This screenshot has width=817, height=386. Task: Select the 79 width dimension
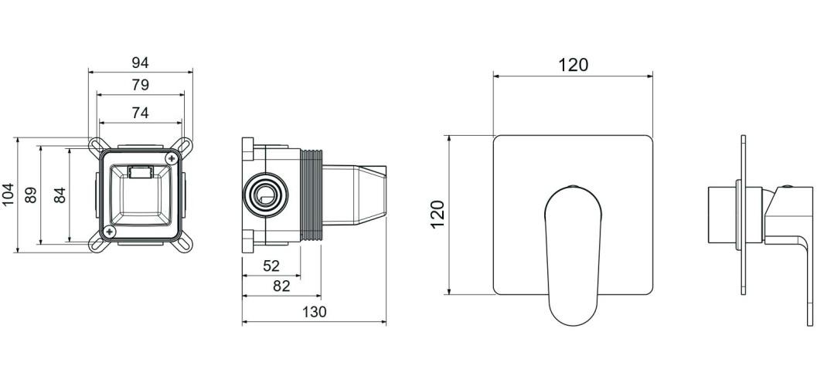coord(140,84)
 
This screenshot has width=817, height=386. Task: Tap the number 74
coord(140,113)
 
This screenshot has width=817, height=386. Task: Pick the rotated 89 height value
coord(32,195)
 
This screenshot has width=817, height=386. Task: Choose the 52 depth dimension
coord(271,266)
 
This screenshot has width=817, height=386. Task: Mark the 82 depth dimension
coord(281,286)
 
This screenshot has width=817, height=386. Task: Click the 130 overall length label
coord(314,312)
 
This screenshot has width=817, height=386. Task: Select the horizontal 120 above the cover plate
coord(573,65)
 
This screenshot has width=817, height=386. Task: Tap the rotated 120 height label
coord(437,215)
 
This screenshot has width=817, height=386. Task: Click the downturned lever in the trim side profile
coord(796,232)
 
